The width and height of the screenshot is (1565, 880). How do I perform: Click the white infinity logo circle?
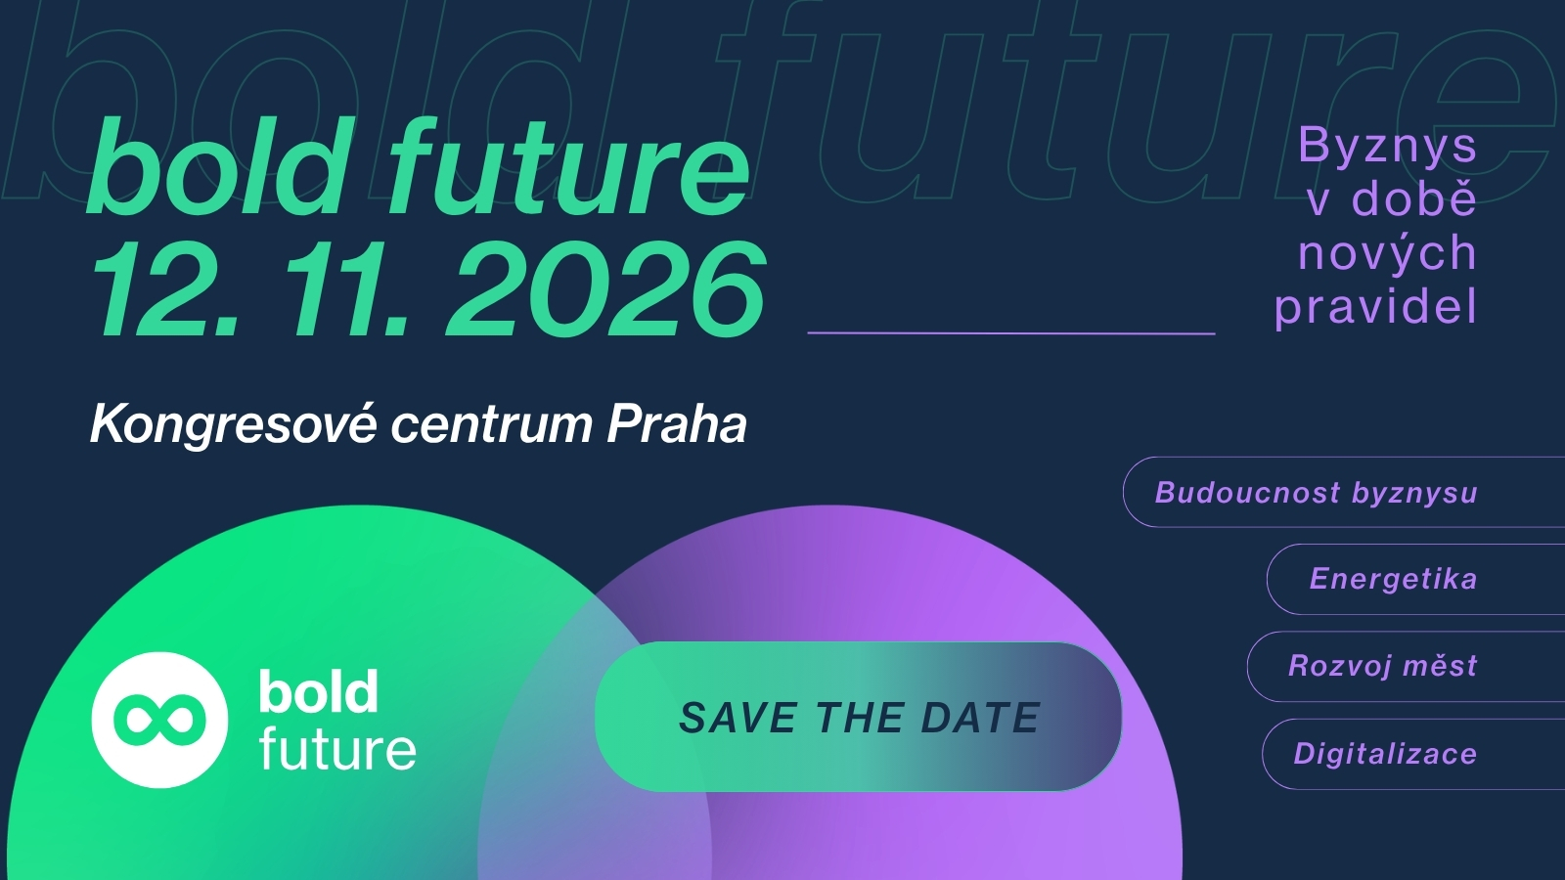[159, 720]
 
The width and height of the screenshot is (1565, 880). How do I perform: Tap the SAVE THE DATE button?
[858, 717]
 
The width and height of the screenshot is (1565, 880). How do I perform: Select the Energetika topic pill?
[1415, 579]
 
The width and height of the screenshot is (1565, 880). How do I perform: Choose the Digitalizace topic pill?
[1413, 754]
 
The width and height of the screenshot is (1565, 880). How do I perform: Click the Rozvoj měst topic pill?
[1406, 666]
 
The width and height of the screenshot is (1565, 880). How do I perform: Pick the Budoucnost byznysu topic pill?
[1344, 492]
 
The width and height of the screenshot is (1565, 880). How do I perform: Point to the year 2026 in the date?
[605, 288]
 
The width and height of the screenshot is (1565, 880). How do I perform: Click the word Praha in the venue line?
[676, 424]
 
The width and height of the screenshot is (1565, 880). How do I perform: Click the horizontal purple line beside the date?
[1011, 333]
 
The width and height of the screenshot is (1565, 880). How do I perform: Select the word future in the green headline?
[570, 165]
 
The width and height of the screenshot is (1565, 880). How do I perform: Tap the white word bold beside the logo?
[319, 691]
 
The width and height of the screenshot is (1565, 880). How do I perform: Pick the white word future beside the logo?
[337, 748]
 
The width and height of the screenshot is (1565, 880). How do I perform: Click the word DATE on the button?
[980, 718]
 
